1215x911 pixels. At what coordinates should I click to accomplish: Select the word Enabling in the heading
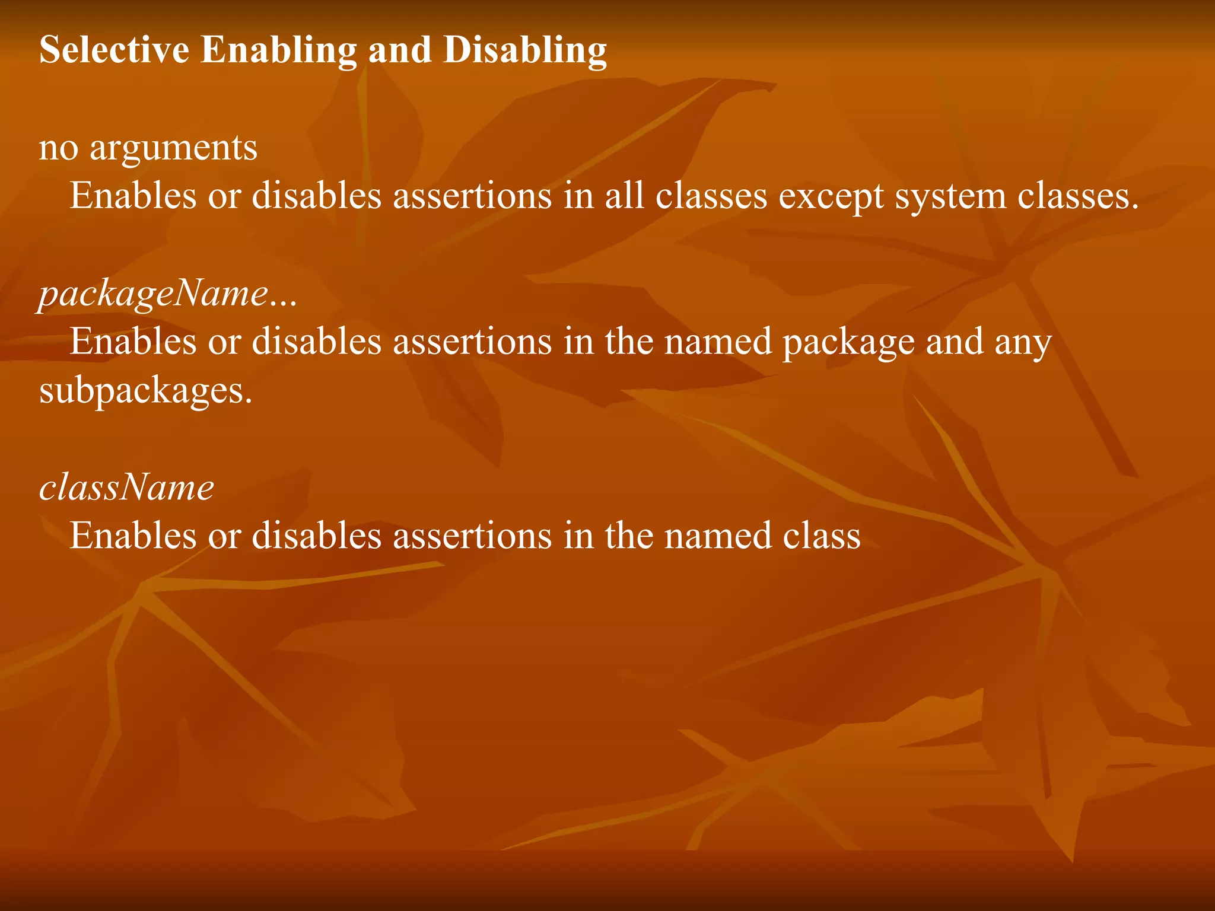(x=278, y=50)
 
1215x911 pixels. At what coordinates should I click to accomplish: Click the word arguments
(x=173, y=148)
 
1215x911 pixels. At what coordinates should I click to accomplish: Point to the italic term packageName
(x=154, y=294)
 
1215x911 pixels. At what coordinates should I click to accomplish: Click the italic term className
(x=126, y=488)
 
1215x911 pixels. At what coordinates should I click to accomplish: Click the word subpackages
(x=145, y=391)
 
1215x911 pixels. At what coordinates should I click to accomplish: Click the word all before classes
(x=624, y=196)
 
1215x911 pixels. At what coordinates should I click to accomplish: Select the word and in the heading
(x=400, y=50)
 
